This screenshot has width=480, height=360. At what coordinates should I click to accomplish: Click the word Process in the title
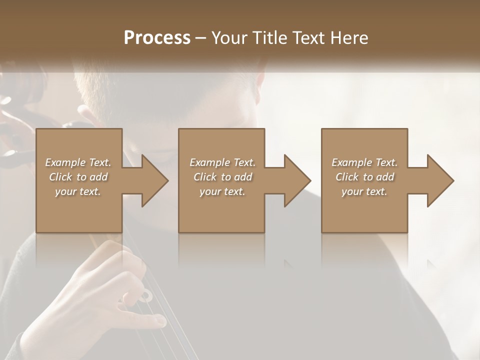click(x=157, y=38)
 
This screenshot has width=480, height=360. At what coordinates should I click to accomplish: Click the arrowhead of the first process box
click(x=155, y=180)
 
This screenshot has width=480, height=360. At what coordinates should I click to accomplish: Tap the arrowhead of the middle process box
click(x=297, y=180)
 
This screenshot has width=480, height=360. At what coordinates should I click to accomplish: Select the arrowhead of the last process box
click(x=440, y=180)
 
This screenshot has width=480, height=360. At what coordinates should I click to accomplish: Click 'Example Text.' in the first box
click(x=78, y=162)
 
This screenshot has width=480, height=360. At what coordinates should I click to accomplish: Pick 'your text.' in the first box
click(x=78, y=191)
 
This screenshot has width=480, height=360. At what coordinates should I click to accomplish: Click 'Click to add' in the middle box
click(x=222, y=177)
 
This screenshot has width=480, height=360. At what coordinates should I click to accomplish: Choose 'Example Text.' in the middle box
click(x=222, y=162)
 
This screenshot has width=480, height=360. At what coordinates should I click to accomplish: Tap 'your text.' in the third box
click(x=364, y=191)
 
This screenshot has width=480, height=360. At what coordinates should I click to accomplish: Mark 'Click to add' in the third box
click(x=364, y=177)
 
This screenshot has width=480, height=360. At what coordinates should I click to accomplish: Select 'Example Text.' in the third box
click(x=364, y=162)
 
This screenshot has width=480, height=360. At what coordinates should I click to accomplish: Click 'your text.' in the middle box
click(x=222, y=191)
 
